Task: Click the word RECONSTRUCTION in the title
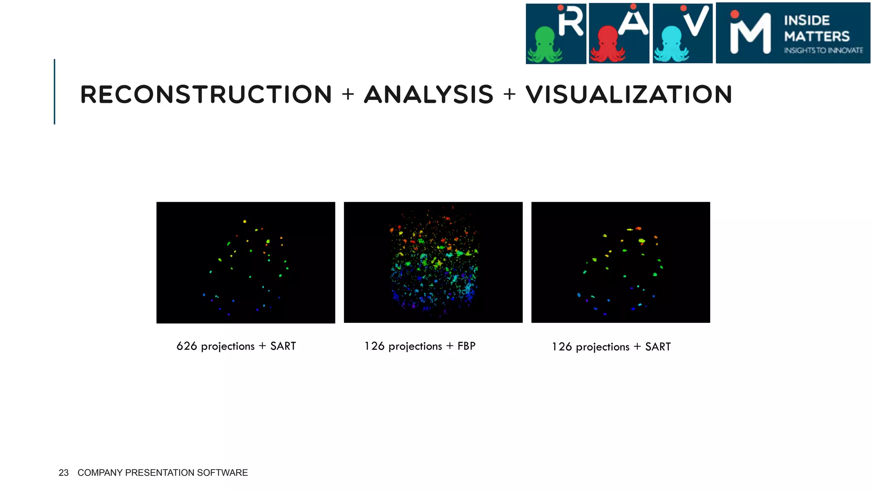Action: (x=206, y=94)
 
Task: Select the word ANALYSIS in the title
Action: (x=428, y=94)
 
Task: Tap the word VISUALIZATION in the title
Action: (x=629, y=94)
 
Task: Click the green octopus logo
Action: (x=545, y=45)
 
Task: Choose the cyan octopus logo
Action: (x=671, y=45)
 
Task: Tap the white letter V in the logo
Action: (x=697, y=21)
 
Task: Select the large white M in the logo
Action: (x=750, y=34)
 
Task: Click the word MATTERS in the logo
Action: (x=817, y=37)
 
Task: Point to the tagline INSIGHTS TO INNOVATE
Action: (x=823, y=51)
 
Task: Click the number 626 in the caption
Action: (x=186, y=346)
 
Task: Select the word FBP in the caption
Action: (x=466, y=346)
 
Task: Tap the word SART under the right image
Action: (x=658, y=347)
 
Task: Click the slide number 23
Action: (x=63, y=473)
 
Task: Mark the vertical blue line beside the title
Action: (x=54, y=91)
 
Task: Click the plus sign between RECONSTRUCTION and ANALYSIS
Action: (x=348, y=94)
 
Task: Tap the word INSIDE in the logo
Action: (x=806, y=20)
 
